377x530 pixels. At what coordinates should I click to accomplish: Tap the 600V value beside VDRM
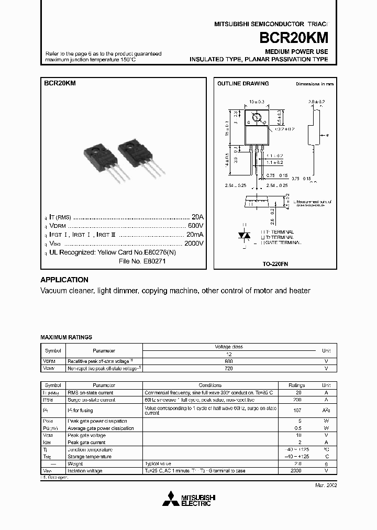(x=195, y=226)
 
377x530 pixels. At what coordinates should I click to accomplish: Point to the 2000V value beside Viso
(x=193, y=244)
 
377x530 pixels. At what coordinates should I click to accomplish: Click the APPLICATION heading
(x=64, y=280)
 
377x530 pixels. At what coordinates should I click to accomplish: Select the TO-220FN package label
(x=275, y=264)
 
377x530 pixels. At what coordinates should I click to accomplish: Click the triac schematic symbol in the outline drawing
(x=243, y=236)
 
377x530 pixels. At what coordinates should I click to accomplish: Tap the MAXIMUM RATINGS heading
(x=66, y=337)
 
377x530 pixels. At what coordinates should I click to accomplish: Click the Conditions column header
(x=210, y=385)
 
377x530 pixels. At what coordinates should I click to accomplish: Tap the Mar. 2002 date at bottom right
(x=325, y=485)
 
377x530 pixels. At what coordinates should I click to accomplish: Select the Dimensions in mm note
(x=315, y=84)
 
